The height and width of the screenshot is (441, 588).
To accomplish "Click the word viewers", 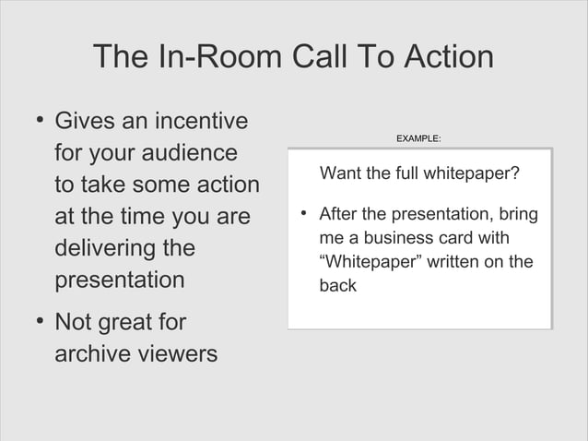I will coord(182,353).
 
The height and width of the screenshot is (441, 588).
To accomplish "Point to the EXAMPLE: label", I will coord(417,138).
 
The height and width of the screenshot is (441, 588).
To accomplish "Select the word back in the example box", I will coord(337,286).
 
